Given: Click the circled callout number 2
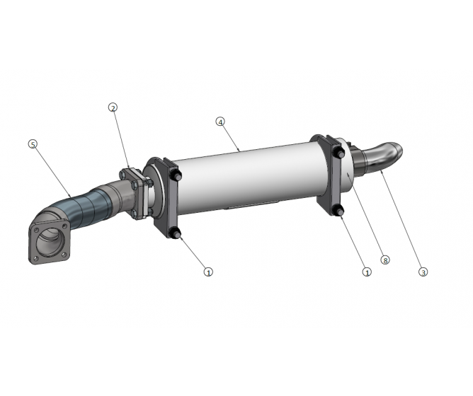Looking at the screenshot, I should click(113, 107).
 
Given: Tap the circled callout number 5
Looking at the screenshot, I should click(33, 144).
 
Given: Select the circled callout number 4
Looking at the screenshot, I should click(220, 122).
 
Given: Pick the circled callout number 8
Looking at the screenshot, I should click(385, 260).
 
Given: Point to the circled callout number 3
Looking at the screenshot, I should click(423, 272).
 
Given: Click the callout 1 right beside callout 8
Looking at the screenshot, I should click(367, 272).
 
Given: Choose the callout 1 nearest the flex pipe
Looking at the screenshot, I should click(208, 272).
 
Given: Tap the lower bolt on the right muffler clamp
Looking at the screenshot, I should click(339, 210).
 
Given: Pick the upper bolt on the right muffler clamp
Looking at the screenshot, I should click(338, 151).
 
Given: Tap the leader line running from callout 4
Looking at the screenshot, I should click(231, 136).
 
